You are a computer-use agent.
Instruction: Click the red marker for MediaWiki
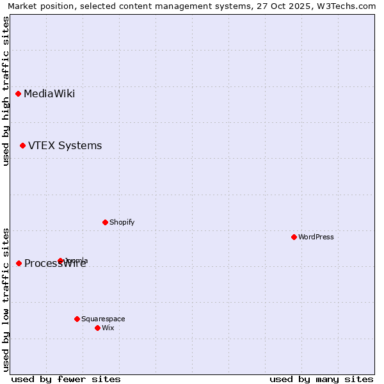click(x=19, y=94)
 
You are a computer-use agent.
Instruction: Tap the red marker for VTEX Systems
click(x=22, y=146)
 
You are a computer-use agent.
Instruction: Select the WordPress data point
click(x=294, y=237)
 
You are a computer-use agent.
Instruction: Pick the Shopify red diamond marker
click(x=105, y=222)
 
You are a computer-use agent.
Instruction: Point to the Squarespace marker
click(x=77, y=319)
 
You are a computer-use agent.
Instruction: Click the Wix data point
click(x=97, y=328)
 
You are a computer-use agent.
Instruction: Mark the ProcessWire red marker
click(x=19, y=263)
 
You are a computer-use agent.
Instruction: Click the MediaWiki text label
click(x=49, y=94)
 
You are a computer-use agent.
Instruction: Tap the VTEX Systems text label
click(x=65, y=146)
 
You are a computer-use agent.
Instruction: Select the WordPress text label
click(x=316, y=237)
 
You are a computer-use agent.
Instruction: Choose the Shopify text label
click(x=122, y=222)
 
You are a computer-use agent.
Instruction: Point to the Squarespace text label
click(x=103, y=319)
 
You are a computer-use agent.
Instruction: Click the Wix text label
click(x=108, y=328)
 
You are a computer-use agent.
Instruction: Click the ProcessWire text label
click(x=55, y=264)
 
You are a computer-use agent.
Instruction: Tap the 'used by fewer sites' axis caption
click(x=66, y=379)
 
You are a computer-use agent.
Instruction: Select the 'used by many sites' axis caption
click(x=321, y=379)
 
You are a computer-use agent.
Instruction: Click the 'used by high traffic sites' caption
click(x=6, y=91)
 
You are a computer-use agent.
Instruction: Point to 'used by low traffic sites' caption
click(x=6, y=300)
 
